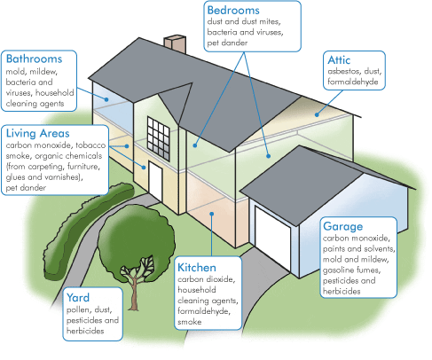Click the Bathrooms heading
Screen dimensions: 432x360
click(x=34, y=59)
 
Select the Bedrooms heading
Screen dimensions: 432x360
click(x=233, y=11)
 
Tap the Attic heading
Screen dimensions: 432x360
click(x=339, y=60)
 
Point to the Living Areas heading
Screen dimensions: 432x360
click(x=37, y=133)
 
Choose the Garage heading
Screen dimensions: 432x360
click(x=342, y=227)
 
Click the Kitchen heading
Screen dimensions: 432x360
click(x=197, y=268)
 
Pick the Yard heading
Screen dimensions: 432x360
click(x=78, y=298)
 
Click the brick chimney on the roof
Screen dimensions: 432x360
click(x=175, y=44)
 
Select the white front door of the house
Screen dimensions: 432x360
click(x=155, y=181)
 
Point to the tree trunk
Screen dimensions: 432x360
click(x=134, y=290)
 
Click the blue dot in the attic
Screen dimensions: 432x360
click(x=317, y=114)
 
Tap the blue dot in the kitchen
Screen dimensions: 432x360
click(x=212, y=214)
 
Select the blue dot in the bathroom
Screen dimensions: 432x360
click(x=106, y=99)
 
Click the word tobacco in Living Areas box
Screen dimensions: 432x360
click(x=90, y=145)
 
